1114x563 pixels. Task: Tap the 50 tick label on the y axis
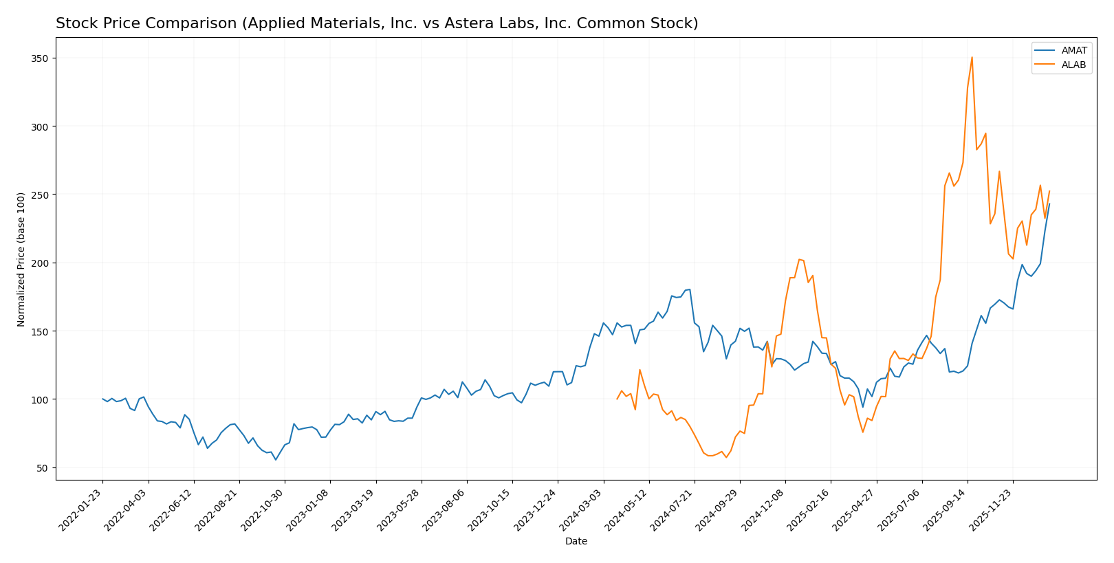tap(43, 468)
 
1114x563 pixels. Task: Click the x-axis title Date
tap(576, 542)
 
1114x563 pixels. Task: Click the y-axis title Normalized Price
tap(21, 259)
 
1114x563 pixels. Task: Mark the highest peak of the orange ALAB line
tap(972, 57)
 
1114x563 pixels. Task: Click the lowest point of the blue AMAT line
tap(276, 459)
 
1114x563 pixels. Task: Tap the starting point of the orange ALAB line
tap(617, 399)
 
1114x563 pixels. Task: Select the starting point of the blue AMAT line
tap(102, 399)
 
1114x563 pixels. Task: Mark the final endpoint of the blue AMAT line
tap(1049, 203)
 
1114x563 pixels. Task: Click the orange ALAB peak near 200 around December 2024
tap(798, 259)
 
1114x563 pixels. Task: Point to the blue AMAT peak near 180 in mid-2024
tap(690, 289)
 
